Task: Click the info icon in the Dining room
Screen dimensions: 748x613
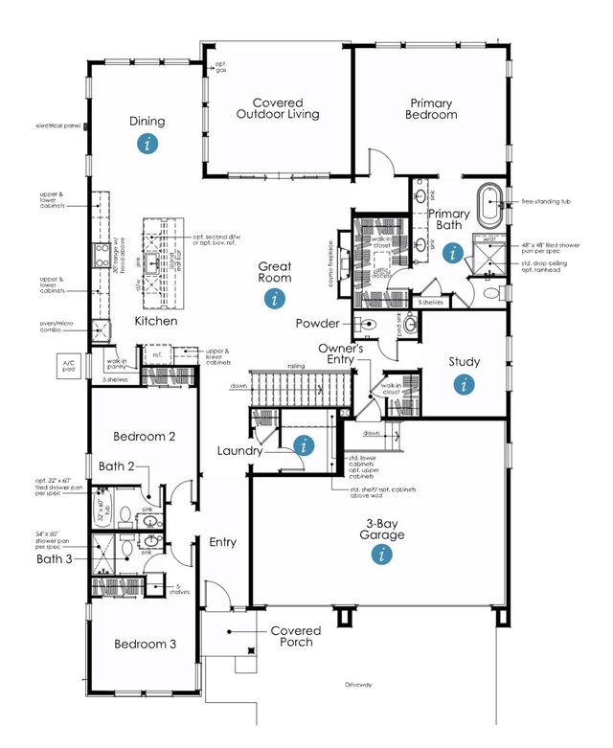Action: pyautogui.click(x=147, y=144)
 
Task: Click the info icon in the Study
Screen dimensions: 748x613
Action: pyautogui.click(x=464, y=384)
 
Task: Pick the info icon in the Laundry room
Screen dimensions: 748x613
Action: pyautogui.click(x=305, y=444)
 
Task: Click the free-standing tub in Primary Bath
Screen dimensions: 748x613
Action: pyautogui.click(x=489, y=202)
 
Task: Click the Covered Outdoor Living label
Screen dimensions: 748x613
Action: pyautogui.click(x=278, y=108)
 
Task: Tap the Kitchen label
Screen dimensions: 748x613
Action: pyautogui.click(x=155, y=321)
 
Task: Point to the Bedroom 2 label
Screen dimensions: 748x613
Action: pyautogui.click(x=144, y=436)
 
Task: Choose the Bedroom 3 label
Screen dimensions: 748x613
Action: pyautogui.click(x=145, y=644)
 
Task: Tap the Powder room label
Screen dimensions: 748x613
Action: pyautogui.click(x=319, y=324)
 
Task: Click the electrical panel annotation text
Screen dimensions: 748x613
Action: pyautogui.click(x=57, y=125)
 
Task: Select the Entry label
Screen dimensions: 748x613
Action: pyautogui.click(x=222, y=543)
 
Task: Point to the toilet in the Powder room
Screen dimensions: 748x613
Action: pyautogui.click(x=369, y=325)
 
